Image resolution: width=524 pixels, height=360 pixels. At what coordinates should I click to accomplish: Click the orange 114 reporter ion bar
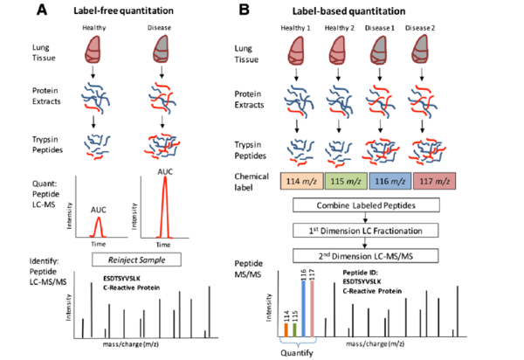coord(285,329)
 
